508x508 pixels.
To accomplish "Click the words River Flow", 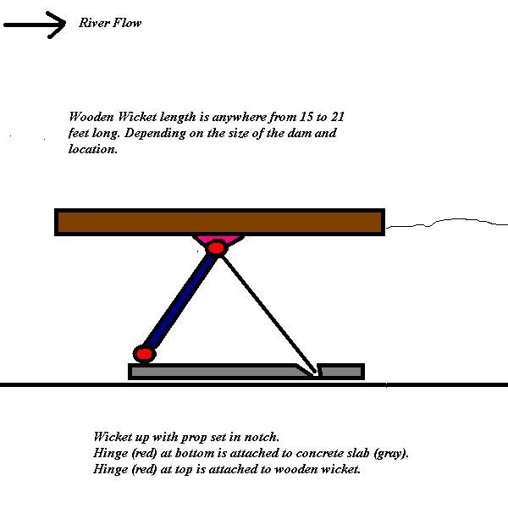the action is click(110, 23).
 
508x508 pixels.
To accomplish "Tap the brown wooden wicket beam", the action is click(219, 222).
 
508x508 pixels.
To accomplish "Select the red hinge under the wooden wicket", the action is click(216, 248).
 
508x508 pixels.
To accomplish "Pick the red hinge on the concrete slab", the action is click(145, 353).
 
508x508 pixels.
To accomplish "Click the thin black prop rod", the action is click(268, 314).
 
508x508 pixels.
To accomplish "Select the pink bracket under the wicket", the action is click(218, 239).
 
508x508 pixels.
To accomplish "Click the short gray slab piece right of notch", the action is click(341, 372).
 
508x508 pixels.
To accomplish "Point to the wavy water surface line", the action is click(447, 223).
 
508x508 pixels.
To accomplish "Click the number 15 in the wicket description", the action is click(306, 117).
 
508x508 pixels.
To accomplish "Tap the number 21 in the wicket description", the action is click(338, 117).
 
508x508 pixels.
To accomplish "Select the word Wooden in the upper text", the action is click(91, 117).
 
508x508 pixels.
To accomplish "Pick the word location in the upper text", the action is click(93, 149).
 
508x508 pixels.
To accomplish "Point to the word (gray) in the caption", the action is click(390, 454).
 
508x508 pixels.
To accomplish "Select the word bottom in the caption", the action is click(195, 453).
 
